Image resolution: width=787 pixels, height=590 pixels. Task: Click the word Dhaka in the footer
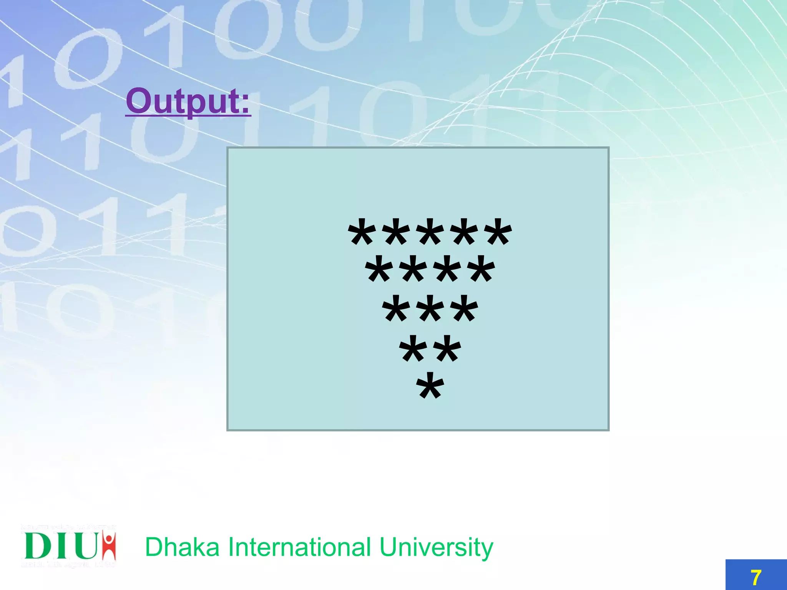pyautogui.click(x=182, y=547)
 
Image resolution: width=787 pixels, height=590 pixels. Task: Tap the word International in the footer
pyautogui.click(x=300, y=547)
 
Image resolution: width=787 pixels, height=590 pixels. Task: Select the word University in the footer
pyautogui.click(x=436, y=548)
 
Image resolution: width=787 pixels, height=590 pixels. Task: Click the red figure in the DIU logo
pyautogui.click(x=110, y=545)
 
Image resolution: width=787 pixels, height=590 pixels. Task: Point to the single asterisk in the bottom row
pyautogui.click(x=430, y=386)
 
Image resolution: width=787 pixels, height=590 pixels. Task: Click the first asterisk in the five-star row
pyautogui.click(x=362, y=232)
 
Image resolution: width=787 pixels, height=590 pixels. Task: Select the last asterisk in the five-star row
pyautogui.click(x=498, y=232)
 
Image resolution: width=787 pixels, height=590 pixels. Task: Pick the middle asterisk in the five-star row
pyautogui.click(x=430, y=232)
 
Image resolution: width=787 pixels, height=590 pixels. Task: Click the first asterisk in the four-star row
pyautogui.click(x=379, y=270)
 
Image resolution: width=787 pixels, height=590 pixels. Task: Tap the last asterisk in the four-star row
pyautogui.click(x=481, y=270)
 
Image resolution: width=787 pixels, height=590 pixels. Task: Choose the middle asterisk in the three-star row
pyautogui.click(x=430, y=309)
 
